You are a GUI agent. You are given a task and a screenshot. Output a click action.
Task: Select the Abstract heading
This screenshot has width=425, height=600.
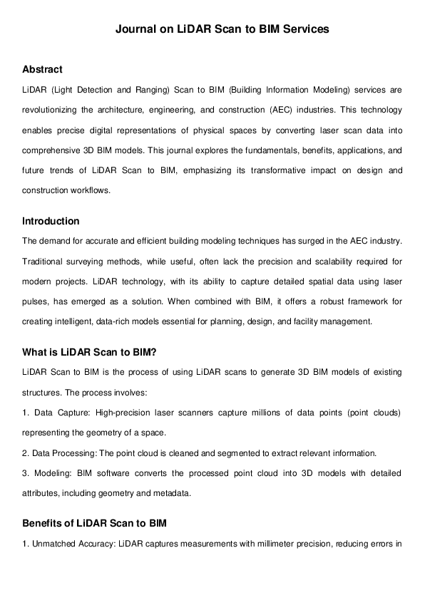(42, 69)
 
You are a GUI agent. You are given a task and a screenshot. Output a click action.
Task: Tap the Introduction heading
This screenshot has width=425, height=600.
(51, 221)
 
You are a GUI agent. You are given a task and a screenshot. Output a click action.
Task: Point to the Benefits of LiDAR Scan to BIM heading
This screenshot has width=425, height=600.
(94, 524)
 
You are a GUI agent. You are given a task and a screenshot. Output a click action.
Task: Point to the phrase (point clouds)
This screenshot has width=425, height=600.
(376, 412)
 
